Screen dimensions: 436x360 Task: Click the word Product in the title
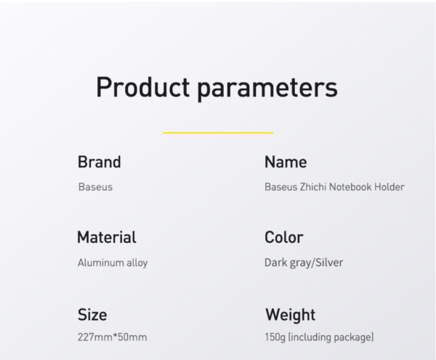pyautogui.click(x=142, y=87)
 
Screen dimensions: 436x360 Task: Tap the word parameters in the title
pyautogui.click(x=267, y=89)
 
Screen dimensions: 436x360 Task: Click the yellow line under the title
pyautogui.click(x=218, y=132)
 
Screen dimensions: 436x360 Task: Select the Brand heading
pyautogui.click(x=100, y=161)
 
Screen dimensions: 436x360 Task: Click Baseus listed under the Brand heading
pyautogui.click(x=95, y=187)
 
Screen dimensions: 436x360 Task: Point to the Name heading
pyautogui.click(x=286, y=161)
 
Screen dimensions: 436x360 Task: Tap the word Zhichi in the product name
pyautogui.click(x=312, y=187)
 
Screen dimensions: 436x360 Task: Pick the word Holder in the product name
pyautogui.click(x=389, y=187)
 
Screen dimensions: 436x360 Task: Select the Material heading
pyautogui.click(x=107, y=237)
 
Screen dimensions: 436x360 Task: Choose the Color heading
pyautogui.click(x=283, y=237)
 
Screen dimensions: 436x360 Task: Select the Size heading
pyautogui.click(x=92, y=315)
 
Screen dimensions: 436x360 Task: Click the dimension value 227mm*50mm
pyautogui.click(x=113, y=337)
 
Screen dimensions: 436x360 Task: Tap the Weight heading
pyautogui.click(x=290, y=315)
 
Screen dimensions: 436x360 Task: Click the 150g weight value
pyautogui.click(x=275, y=337)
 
